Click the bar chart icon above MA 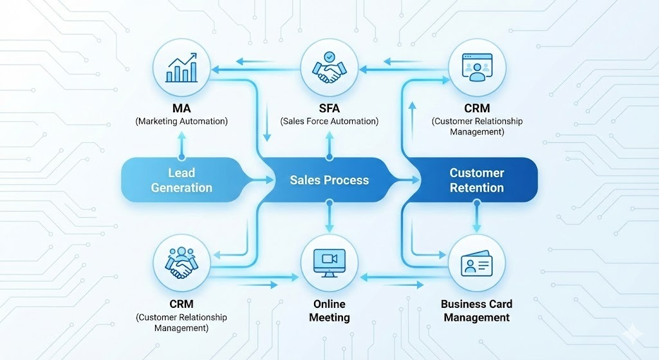(181, 68)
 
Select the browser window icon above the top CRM (477, 68)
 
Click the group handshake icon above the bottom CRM (181, 263)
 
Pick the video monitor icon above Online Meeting (329, 263)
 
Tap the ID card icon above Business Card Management (477, 264)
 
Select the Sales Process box (329, 180)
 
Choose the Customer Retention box (477, 180)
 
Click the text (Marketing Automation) (181, 121)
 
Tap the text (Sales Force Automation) (329, 121)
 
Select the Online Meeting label (329, 310)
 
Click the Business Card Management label (476, 310)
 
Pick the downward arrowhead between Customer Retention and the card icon (477, 227)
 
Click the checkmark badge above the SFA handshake (329, 56)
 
